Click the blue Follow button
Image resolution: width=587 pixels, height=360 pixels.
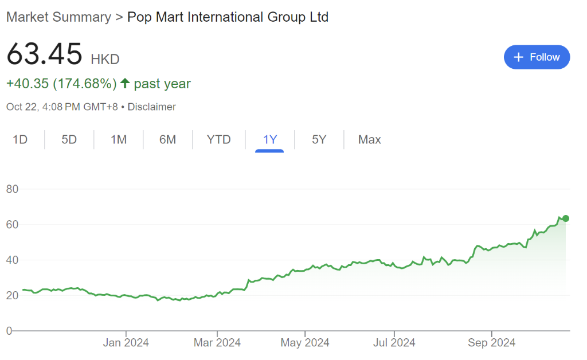[x=537, y=57]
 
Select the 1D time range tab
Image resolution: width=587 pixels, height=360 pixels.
[x=20, y=139]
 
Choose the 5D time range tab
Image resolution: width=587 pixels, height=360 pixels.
[x=69, y=139]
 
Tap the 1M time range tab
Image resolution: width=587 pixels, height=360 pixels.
[x=118, y=139]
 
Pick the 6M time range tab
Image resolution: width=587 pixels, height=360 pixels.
[x=167, y=139]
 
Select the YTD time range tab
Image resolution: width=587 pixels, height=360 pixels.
[x=218, y=139]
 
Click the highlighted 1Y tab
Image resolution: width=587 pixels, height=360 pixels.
[x=269, y=139]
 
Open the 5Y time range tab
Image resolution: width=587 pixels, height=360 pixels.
[x=319, y=139]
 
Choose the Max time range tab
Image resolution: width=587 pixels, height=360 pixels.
[x=369, y=139]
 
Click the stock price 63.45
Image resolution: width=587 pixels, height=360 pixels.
[x=45, y=55]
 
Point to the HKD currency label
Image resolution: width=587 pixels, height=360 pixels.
[x=105, y=59]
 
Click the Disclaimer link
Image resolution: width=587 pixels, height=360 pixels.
[x=151, y=107]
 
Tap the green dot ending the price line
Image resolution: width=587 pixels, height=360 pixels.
[x=566, y=218]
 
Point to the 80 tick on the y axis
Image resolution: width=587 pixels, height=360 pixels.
[x=13, y=189]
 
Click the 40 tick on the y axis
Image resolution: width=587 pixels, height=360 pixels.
[x=13, y=260]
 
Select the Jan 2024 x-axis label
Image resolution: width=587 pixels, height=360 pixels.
[x=126, y=343]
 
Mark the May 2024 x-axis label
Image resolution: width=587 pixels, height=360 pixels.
[x=305, y=343]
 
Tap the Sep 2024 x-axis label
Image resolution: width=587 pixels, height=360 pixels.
[x=491, y=343]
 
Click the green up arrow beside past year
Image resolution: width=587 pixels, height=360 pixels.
[x=126, y=84]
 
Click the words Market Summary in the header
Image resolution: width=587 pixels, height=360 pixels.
[x=58, y=17]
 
